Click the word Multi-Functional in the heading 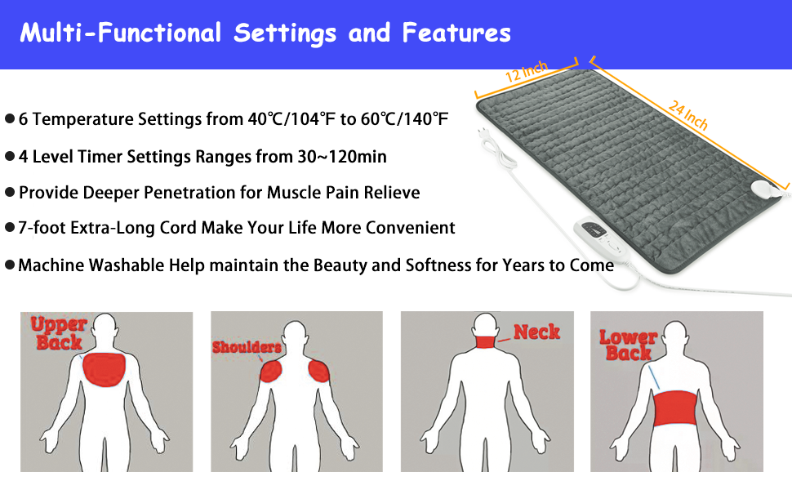(121, 33)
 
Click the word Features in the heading (456, 33)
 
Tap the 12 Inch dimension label (527, 71)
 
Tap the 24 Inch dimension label (687, 115)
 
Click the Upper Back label (58, 332)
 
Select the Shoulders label (247, 347)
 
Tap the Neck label (536, 332)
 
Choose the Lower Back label (628, 345)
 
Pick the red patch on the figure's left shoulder (270, 372)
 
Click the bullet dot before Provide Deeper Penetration (10, 193)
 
